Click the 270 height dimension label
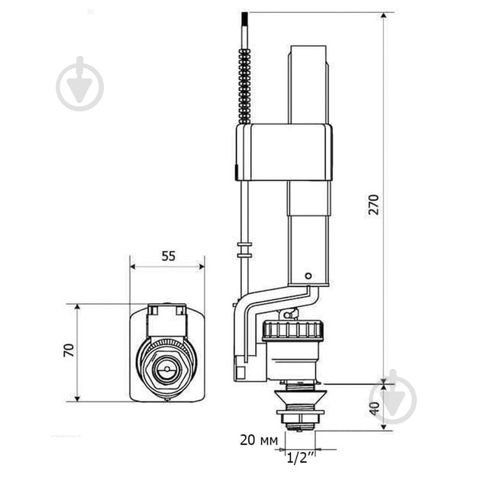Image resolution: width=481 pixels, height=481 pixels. pos(374,205)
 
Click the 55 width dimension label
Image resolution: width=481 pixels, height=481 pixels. pos(169,256)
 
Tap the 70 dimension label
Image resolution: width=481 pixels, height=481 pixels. pos(69,350)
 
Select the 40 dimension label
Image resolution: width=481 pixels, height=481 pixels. pos(375,408)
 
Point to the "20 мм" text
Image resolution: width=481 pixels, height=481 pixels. pos(259,441)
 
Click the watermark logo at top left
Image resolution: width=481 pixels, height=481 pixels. pos(79,83)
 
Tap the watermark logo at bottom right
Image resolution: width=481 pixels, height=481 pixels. pos(393,397)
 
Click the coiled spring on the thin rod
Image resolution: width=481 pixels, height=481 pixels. pos(245,86)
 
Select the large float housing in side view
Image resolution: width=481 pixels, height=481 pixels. pos(284,152)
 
